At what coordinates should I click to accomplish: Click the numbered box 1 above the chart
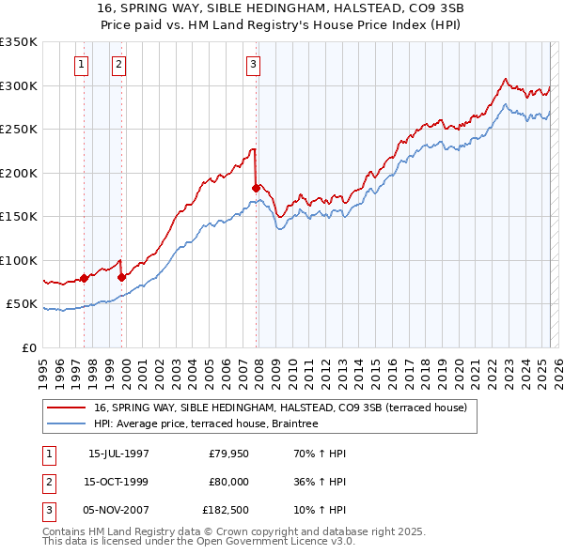click(82, 65)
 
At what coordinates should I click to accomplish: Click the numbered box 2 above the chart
click(119, 65)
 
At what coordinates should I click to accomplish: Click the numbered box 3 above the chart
click(254, 65)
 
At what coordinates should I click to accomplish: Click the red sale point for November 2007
click(256, 188)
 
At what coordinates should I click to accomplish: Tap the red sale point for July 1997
click(84, 278)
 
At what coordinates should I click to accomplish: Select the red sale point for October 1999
click(122, 277)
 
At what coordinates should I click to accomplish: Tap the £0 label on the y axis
click(28, 347)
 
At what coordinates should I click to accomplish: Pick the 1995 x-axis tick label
click(44, 368)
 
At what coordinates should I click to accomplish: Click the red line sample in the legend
click(67, 408)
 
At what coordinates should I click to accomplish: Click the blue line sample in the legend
click(67, 424)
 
